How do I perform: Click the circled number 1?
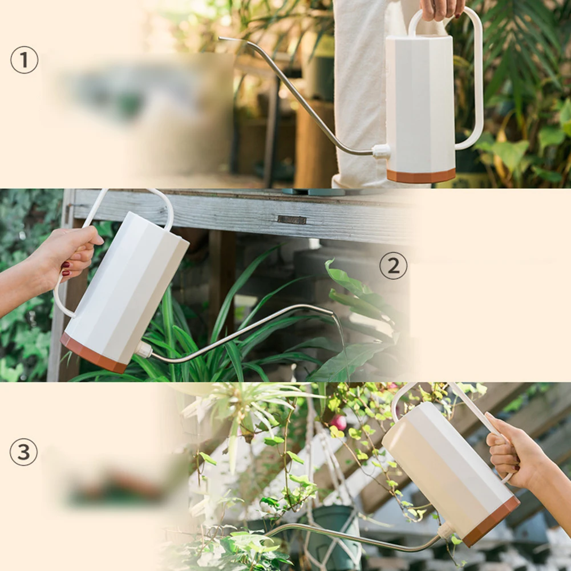24,60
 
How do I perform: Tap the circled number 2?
393,266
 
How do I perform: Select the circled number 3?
23,452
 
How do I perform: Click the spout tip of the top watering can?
220,38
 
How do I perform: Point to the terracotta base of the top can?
421,176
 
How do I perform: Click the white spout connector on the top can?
381,151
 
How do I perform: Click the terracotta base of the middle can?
93,353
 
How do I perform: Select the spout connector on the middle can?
144,350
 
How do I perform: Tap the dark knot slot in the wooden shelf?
291,220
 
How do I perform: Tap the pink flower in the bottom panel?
339,423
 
